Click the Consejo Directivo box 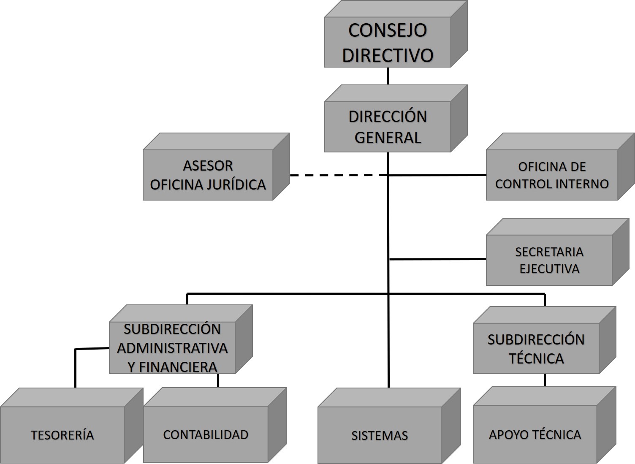pos(388,42)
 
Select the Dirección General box pos(388,127)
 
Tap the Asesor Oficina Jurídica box pos(208,175)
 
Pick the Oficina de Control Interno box pos(551,175)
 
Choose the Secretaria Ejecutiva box pos(549,260)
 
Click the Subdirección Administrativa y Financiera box pos(172,348)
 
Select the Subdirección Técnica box pos(536,349)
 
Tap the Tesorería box pos(62,435)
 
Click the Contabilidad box pos(206,435)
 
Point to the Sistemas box pos(380,435)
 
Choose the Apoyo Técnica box pos(535,435)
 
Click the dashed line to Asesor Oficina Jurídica pos(338,175)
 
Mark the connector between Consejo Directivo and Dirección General pos(388,76)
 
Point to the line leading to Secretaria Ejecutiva pos(437,259)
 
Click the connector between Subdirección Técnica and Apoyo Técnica pos(545,380)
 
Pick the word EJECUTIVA pos(549,269)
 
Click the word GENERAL pos(388,137)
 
